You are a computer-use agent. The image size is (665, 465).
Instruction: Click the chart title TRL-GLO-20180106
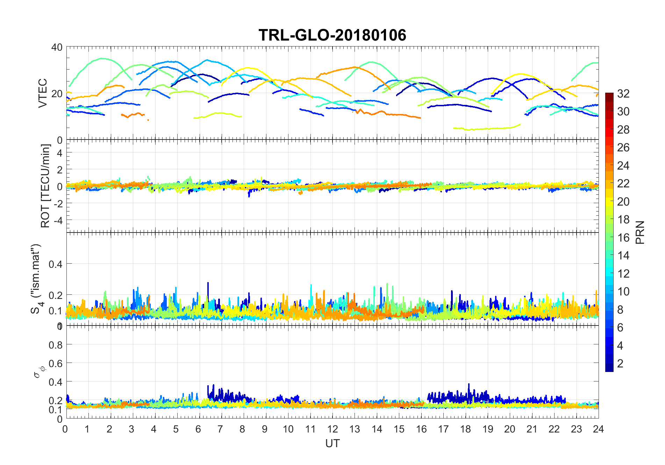332,35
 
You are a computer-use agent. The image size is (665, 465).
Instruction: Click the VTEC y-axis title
42,93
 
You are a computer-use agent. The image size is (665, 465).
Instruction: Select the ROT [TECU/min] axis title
45,186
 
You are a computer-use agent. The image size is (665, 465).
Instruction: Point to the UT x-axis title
332,443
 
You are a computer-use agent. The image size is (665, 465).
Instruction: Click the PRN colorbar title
640,232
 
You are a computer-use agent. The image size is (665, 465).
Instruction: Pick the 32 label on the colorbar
623,93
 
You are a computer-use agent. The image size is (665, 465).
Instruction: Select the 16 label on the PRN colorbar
623,237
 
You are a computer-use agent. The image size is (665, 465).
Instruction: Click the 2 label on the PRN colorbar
620,363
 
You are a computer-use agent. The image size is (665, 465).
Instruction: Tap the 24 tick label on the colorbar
623,165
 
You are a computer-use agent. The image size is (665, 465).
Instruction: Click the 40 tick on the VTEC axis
57,47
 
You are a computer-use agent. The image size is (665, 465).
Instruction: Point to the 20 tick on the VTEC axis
57,94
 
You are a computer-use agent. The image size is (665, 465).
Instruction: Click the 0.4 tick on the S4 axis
55,264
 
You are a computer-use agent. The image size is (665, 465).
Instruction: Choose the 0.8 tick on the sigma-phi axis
55,345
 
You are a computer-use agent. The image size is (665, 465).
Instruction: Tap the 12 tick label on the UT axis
332,429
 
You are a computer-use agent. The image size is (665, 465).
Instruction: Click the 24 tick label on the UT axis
598,429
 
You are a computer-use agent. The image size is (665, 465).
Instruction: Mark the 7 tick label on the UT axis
220,429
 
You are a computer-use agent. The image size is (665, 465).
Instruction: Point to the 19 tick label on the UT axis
487,429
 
